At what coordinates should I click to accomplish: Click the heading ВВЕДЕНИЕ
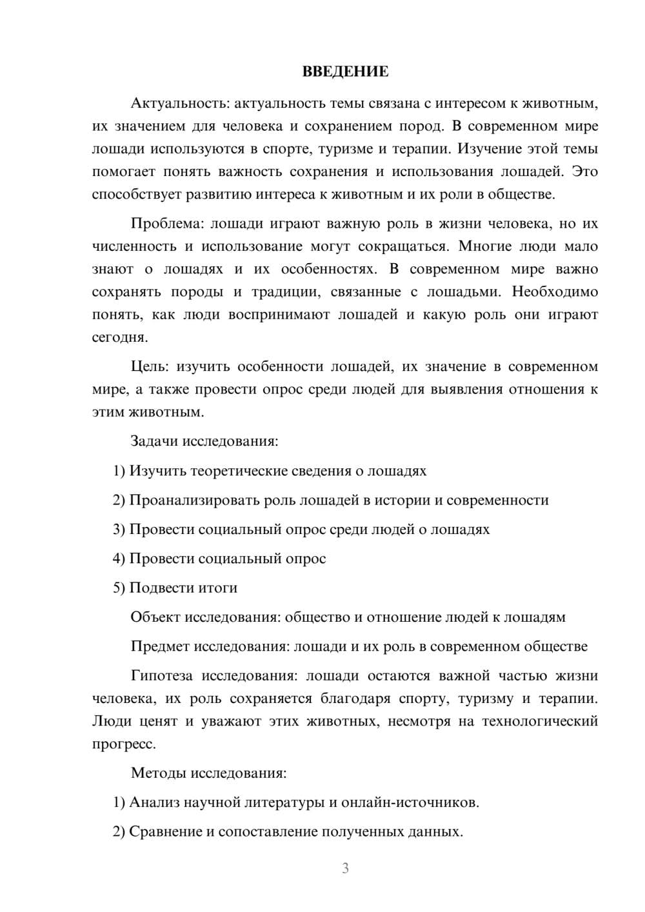(346, 72)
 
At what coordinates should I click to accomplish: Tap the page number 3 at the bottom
(346, 868)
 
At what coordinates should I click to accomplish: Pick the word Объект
(155, 617)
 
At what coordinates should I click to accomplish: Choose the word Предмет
(160, 646)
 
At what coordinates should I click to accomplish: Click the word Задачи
(154, 442)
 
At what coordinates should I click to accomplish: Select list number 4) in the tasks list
(119, 559)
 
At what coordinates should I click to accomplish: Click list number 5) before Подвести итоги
(119, 588)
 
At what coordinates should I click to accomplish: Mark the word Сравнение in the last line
(166, 832)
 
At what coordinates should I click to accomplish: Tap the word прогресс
(124, 744)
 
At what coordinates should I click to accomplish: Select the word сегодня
(120, 337)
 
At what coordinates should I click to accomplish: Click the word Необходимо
(555, 292)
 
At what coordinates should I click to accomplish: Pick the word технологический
(541, 721)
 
